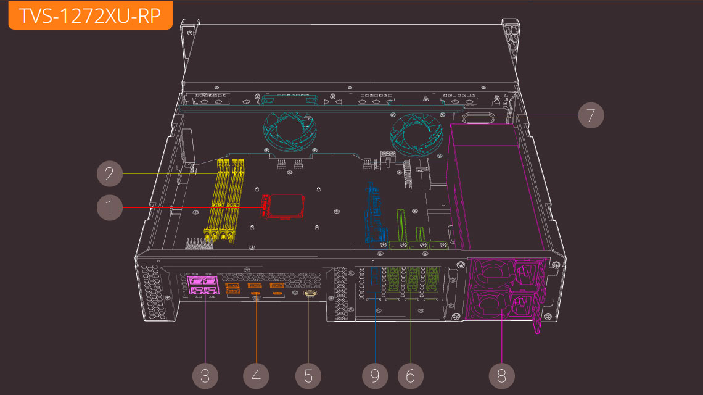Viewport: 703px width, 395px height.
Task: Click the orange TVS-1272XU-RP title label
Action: tap(90, 15)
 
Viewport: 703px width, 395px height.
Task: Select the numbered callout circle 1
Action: tap(110, 208)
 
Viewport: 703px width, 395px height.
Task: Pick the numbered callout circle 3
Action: tap(205, 375)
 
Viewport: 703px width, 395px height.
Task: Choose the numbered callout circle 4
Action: tap(257, 375)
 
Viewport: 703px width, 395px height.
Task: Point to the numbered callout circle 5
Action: tap(308, 375)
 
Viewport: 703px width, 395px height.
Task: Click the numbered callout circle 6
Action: tap(410, 375)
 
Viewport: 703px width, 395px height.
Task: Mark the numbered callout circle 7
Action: tap(590, 115)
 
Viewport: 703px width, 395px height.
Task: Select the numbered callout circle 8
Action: tap(501, 375)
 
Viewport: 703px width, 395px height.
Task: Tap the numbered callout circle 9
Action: tap(375, 375)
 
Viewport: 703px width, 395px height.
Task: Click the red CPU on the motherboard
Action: tap(282, 206)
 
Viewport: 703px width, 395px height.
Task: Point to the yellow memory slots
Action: tap(227, 197)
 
